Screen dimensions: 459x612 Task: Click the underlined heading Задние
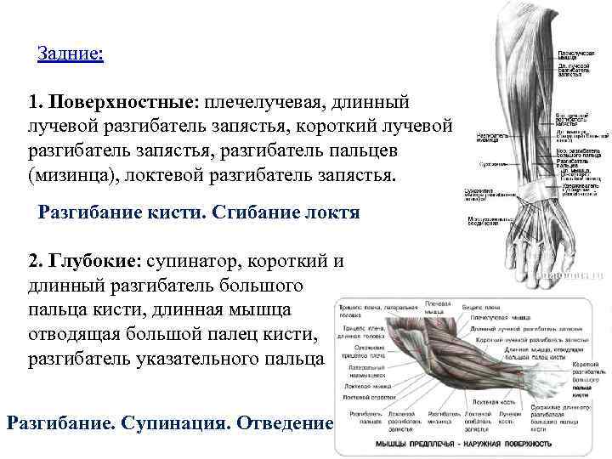pos(71,54)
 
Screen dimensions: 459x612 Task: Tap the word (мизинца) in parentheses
pos(66,177)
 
